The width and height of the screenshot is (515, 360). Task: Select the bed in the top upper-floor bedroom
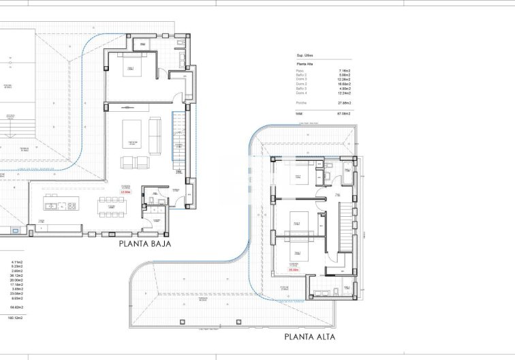pos(300,173)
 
